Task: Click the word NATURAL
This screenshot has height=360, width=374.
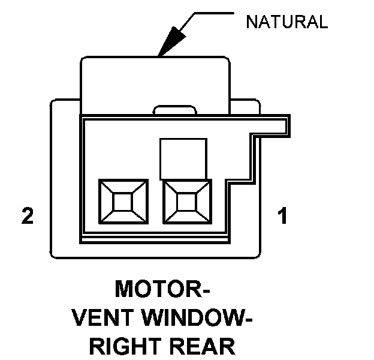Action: point(287,23)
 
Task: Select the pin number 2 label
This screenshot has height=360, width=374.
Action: point(27,216)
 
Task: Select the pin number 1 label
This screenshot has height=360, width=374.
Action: point(281,216)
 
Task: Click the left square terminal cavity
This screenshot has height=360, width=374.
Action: point(122,202)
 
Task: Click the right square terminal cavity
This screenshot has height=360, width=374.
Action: point(187,202)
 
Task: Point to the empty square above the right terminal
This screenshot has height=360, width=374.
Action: point(183,158)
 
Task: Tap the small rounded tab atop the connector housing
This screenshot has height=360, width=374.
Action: point(175,110)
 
